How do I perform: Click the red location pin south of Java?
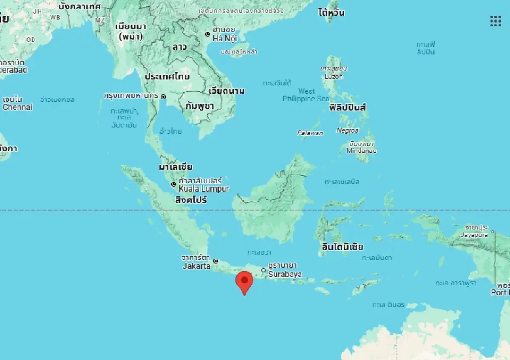click(244, 282)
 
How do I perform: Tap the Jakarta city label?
click(196, 266)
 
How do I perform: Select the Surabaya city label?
click(285, 274)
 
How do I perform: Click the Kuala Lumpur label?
click(204, 189)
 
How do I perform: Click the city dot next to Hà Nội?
click(207, 34)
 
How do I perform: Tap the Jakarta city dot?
click(215, 261)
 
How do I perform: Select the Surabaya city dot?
click(263, 270)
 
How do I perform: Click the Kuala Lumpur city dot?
click(173, 184)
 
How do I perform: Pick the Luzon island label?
click(333, 77)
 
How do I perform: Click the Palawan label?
click(310, 133)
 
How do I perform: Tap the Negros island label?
click(347, 130)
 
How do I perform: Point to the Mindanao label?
click(361, 150)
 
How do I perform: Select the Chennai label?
click(17, 107)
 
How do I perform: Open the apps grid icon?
click(496, 20)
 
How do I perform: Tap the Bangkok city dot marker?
click(163, 96)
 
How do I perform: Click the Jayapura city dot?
click(493, 232)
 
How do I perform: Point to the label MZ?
click(100, 20)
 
